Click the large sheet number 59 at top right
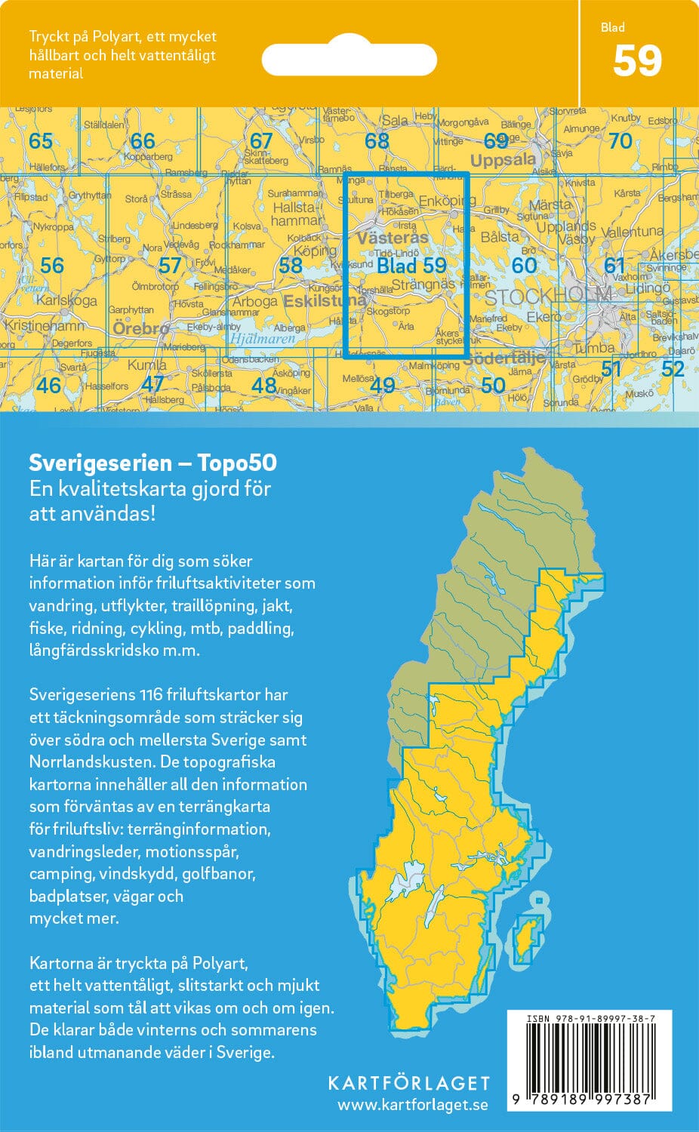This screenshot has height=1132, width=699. pos(637,62)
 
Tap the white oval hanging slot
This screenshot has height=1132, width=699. pos(349,59)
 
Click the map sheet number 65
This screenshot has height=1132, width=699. pos(41,140)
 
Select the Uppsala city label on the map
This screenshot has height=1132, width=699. pos(503,160)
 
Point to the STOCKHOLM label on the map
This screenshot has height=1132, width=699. pos(548,297)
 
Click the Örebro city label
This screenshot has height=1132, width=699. pos(140,328)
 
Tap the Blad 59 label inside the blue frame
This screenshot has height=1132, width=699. pos(411,266)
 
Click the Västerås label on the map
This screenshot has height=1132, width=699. pos(393,238)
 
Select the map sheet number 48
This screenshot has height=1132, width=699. pos(264,385)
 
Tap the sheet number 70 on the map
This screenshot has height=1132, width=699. pos(620,141)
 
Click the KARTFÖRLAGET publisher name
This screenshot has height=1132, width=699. pos(408,1083)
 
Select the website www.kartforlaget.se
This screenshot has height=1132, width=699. pos(412,1105)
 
